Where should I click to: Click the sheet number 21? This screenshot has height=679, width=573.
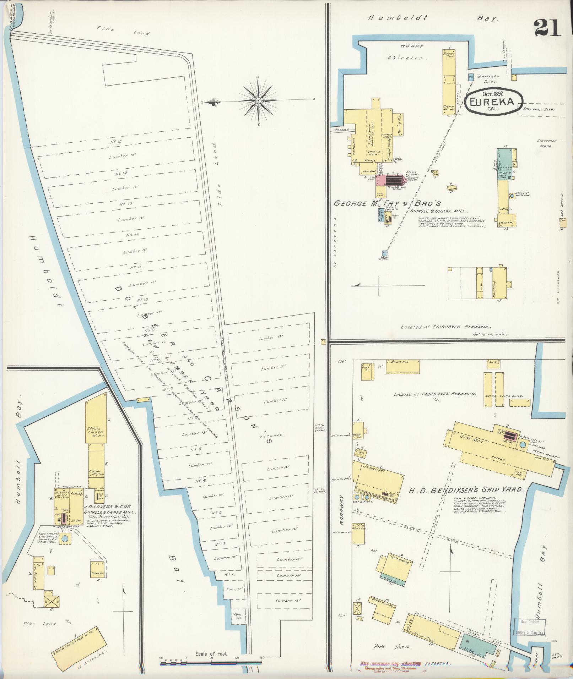coord(547,28)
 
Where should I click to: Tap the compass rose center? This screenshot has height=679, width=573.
coord(258,101)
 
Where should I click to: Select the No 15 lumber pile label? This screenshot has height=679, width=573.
coord(116,142)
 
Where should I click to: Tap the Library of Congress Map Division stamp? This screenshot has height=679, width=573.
coord(530,627)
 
